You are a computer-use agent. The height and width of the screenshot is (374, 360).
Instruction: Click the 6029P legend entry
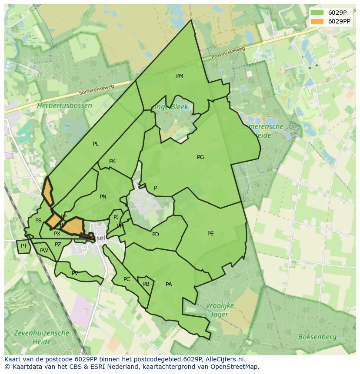click(330, 13)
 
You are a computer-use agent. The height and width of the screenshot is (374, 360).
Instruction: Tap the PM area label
click(180, 76)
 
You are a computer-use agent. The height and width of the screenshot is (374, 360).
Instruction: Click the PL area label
click(96, 144)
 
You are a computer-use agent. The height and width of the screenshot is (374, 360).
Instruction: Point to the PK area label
click(112, 161)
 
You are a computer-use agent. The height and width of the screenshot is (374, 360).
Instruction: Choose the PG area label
click(200, 157)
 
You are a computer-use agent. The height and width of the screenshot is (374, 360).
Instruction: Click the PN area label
click(103, 197)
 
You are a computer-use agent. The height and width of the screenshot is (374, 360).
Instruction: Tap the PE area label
click(210, 234)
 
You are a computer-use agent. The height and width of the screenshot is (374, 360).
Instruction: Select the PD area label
click(156, 235)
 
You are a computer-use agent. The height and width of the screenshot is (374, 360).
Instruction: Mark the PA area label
click(169, 285)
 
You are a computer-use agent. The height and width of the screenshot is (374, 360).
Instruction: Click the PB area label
click(147, 284)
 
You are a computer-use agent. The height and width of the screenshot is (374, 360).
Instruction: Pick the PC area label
click(127, 279)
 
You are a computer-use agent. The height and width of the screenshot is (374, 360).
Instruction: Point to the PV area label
click(75, 273)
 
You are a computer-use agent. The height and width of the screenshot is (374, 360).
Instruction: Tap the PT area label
click(24, 246)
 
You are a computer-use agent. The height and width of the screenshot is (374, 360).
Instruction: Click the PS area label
click(38, 221)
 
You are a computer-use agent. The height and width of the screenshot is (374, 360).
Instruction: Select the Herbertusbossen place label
click(64, 106)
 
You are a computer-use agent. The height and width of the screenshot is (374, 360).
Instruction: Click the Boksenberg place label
click(317, 337)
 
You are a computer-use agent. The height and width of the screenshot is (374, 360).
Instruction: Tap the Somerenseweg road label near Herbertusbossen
click(96, 89)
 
